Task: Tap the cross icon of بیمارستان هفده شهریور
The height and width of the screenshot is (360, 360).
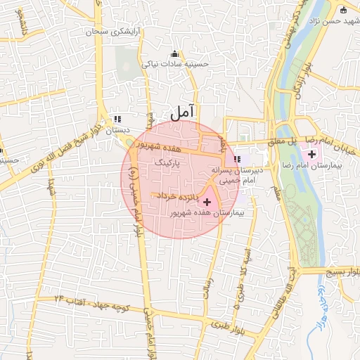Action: pos(206,202)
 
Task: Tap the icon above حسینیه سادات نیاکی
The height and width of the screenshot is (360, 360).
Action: pos(174,54)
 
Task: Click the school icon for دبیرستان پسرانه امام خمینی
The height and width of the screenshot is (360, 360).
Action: pos(238,160)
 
